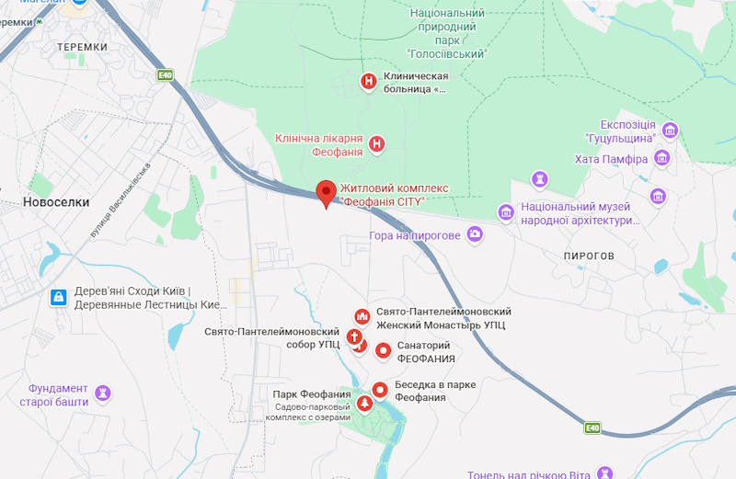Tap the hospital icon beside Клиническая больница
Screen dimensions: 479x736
pyautogui.click(x=369, y=82)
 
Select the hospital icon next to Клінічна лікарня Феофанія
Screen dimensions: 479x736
pyautogui.click(x=376, y=143)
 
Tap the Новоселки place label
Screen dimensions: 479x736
pyautogui.click(x=56, y=201)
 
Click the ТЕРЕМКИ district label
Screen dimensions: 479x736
pyautogui.click(x=82, y=46)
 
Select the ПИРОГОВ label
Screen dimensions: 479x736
pyautogui.click(x=589, y=255)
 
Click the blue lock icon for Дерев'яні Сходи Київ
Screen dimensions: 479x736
pyautogui.click(x=58, y=297)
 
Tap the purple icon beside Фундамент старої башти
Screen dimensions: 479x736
pyautogui.click(x=104, y=393)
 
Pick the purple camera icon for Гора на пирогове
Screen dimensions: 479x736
pyautogui.click(x=475, y=235)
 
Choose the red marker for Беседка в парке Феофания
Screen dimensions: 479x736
pyautogui.click(x=378, y=391)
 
